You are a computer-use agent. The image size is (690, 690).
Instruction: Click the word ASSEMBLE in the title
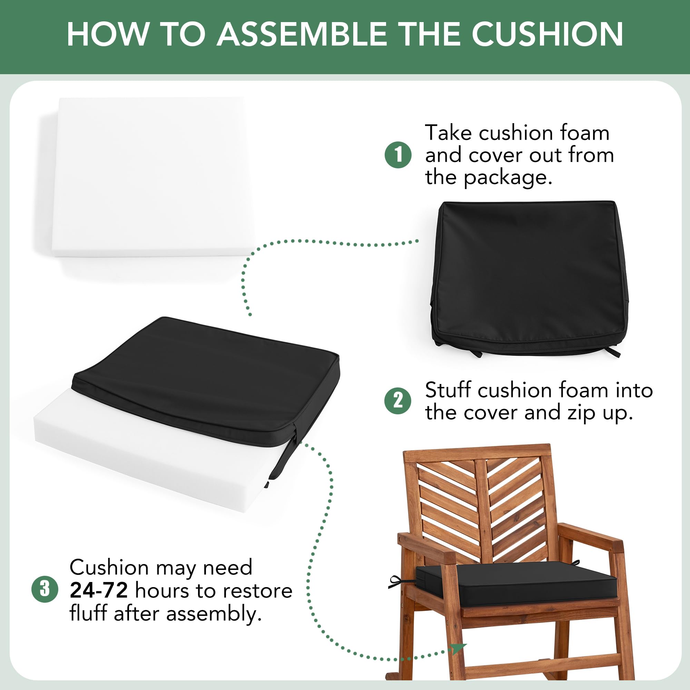[302, 34]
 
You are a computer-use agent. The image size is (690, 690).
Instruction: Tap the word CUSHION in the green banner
[548, 34]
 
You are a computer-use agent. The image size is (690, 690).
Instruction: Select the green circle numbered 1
[398, 155]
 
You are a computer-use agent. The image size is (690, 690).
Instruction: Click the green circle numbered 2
[398, 401]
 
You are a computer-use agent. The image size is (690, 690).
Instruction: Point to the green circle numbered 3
[45, 589]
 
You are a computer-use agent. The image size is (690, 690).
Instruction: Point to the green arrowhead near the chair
[459, 648]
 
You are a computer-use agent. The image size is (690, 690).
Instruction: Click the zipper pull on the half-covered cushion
[284, 454]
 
